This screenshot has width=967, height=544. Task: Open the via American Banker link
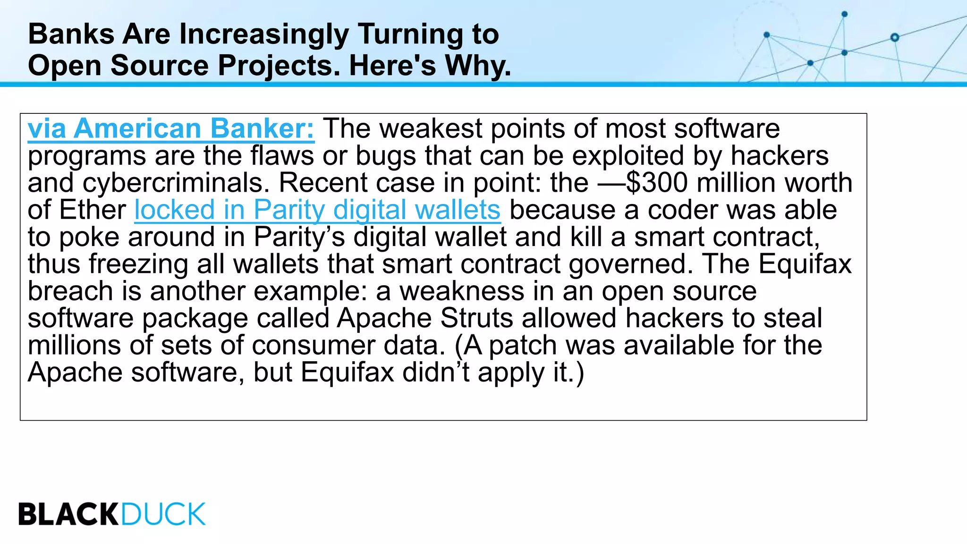click(x=171, y=128)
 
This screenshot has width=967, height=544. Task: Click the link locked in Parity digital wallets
click(x=317, y=210)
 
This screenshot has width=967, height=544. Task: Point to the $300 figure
click(x=657, y=183)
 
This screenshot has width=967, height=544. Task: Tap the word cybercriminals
click(x=175, y=183)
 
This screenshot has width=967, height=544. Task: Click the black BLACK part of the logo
click(x=68, y=514)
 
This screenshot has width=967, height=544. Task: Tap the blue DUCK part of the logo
click(x=163, y=514)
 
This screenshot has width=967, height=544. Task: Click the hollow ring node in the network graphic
click(x=894, y=37)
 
